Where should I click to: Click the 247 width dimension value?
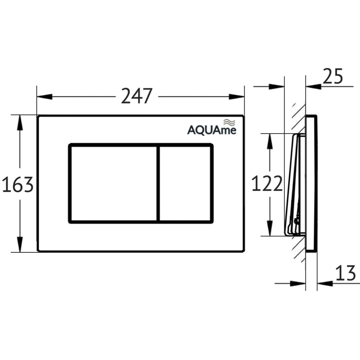(x=137, y=96)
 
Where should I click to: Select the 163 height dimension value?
(x=17, y=184)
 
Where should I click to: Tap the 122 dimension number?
(x=267, y=184)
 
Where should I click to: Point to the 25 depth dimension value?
(x=333, y=77)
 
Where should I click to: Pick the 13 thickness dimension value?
(x=346, y=274)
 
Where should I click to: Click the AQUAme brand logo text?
(x=211, y=130)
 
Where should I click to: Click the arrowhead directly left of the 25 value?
(x=313, y=86)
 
